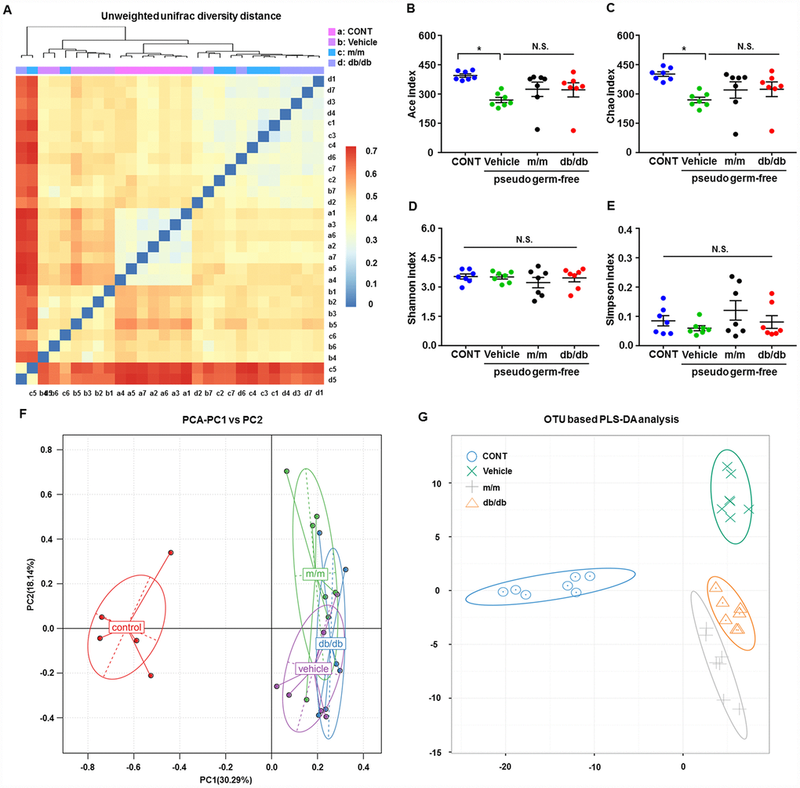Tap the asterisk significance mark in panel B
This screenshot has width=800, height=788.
click(479, 49)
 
